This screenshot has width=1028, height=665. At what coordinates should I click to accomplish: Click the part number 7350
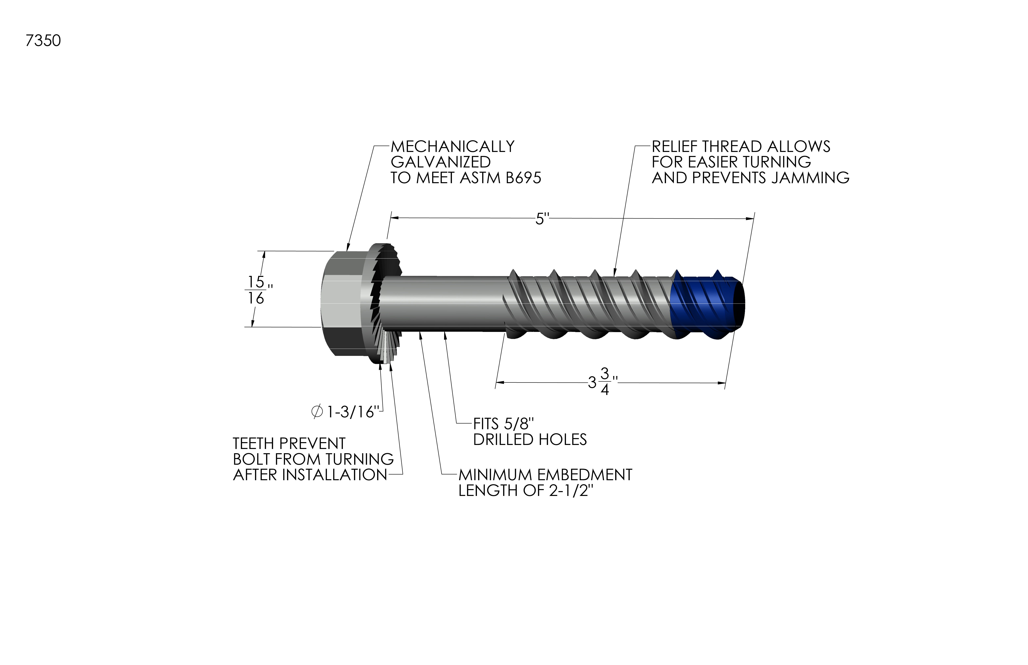[x=43, y=41]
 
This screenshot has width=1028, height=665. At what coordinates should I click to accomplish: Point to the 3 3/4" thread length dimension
[x=602, y=381]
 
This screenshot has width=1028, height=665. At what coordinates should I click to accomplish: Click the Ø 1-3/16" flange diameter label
[x=347, y=412]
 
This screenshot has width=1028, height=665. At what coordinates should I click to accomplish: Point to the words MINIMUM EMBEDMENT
[x=545, y=475]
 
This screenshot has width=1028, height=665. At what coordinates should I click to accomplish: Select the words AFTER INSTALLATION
[x=310, y=475]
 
